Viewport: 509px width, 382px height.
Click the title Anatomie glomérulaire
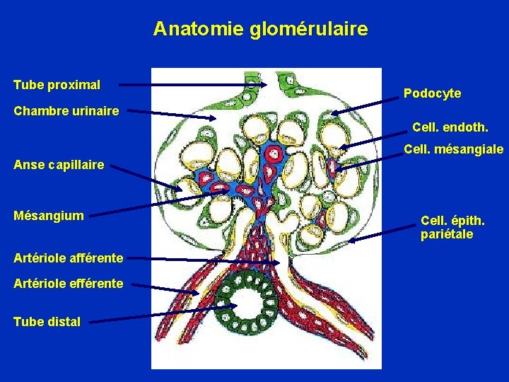pos(260,29)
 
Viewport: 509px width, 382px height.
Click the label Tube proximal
pos(57,85)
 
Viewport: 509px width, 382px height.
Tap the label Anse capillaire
pos(59,165)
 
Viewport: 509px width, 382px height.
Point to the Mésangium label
pos(48,215)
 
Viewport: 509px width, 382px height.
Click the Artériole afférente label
pos(69,258)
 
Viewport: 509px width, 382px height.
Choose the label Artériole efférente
pos(68,284)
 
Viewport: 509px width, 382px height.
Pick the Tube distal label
pos(47,322)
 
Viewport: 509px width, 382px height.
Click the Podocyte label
pos(432,93)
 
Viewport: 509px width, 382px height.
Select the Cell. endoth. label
pos(450,127)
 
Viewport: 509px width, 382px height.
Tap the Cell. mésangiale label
pos(453,149)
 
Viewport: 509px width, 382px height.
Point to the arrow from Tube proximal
pos(191,84)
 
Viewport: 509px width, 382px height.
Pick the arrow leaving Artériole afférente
pos(205,261)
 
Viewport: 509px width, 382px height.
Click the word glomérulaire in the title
pos(308,29)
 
